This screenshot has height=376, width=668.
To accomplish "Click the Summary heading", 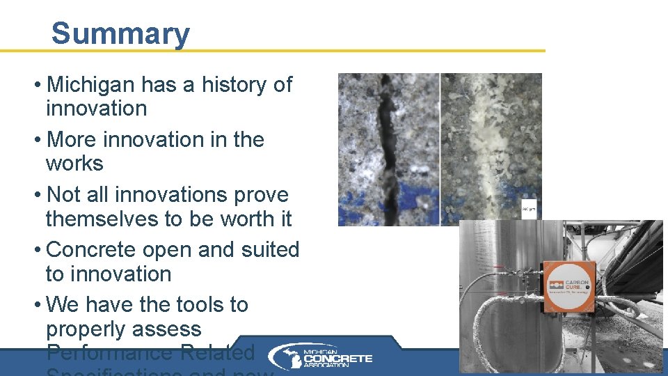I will pyautogui.click(x=120, y=33).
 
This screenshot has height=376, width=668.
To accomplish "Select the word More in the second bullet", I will pyautogui.click(x=72, y=139).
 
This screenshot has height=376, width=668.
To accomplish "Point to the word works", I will pyautogui.click(x=74, y=164).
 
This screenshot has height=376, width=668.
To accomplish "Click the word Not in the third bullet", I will pyautogui.click(x=63, y=194).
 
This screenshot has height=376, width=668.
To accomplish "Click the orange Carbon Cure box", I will pyautogui.click(x=569, y=285).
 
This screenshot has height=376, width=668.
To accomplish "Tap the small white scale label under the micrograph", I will pyautogui.click(x=529, y=210).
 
